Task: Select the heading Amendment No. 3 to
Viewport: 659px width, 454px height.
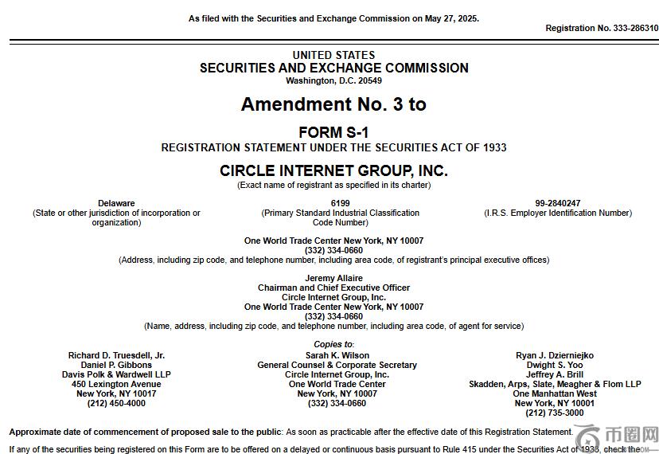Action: click(x=333, y=104)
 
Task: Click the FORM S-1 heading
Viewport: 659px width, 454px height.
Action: click(x=333, y=132)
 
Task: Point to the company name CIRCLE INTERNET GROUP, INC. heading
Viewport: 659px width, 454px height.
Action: click(x=333, y=170)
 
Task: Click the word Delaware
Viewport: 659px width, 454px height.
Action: click(x=116, y=203)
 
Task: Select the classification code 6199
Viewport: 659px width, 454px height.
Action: click(x=340, y=203)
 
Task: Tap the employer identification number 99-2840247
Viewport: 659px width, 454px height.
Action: click(x=557, y=203)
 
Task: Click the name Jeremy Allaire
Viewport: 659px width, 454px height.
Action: click(x=333, y=278)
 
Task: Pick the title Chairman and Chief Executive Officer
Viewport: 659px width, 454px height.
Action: click(x=333, y=288)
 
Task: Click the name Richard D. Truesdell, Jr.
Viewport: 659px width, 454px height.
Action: click(x=116, y=355)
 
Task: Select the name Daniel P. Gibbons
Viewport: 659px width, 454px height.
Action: click(x=116, y=365)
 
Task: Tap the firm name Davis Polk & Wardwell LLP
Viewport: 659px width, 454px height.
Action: click(x=116, y=374)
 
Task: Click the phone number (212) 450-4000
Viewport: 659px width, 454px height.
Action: click(x=116, y=403)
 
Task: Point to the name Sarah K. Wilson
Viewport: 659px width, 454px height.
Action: click(x=337, y=355)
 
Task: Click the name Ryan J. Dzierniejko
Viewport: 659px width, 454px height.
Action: click(x=555, y=355)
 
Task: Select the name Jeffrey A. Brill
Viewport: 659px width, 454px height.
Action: click(x=555, y=374)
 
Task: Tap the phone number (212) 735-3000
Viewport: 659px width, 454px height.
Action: click(x=555, y=413)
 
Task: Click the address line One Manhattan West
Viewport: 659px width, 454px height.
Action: click(x=555, y=393)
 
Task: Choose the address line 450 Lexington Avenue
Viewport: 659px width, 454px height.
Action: click(x=116, y=384)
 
